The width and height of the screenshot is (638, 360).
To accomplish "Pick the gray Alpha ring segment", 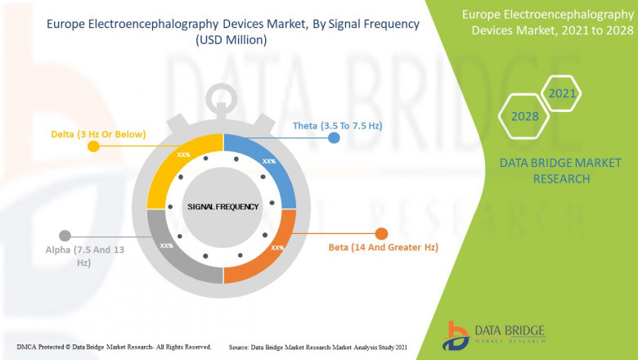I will (176, 245).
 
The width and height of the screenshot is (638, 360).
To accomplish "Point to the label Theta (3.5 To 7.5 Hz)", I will (338, 126).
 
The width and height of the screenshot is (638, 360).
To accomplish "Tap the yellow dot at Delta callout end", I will (93, 146).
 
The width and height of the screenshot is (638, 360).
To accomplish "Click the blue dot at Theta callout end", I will (334, 138).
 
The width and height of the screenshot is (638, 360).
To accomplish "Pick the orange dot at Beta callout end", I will (380, 234).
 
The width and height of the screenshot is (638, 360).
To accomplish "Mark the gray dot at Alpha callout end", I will (65, 236).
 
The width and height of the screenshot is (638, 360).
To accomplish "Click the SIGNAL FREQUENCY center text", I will (222, 206).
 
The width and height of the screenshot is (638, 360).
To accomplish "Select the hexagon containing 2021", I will (562, 93).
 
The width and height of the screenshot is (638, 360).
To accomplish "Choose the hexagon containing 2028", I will (525, 116).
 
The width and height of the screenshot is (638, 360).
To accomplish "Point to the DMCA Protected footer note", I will (114, 347).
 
